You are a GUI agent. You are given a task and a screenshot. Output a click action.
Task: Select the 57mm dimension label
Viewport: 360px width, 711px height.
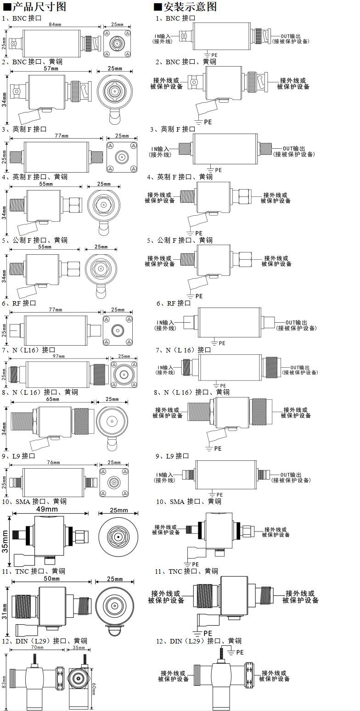(x=51, y=68)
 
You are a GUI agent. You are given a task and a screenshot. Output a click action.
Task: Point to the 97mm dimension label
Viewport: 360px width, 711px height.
(x=59, y=356)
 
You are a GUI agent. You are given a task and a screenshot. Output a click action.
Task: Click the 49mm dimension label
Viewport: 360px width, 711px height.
(x=47, y=509)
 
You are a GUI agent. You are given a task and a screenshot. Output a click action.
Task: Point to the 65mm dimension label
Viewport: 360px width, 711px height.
(x=52, y=399)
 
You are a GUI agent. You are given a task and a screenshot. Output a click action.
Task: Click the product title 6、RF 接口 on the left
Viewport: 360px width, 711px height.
(x=19, y=303)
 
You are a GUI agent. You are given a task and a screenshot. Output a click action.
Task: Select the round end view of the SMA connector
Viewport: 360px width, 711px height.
(x=118, y=537)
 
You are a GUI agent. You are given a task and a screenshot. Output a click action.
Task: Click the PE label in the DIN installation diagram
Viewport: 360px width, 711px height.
(x=239, y=652)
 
